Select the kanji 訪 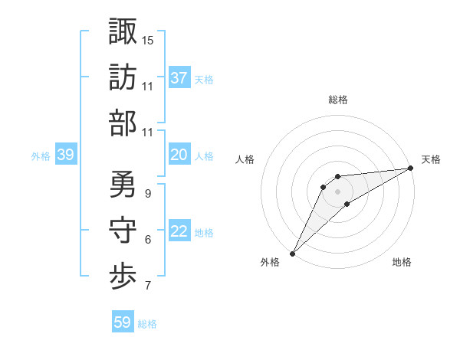(x=122, y=77)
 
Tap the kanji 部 (x=122, y=123)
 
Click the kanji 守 (x=122, y=231)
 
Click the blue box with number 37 (x=179, y=78)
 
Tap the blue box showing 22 (x=179, y=232)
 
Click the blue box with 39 (x=66, y=155)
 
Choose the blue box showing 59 (x=123, y=322)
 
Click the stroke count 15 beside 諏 (x=148, y=40)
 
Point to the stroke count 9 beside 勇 (x=147, y=194)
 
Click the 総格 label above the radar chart (x=338, y=100)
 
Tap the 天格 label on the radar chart (x=431, y=159)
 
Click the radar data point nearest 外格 (x=292, y=253)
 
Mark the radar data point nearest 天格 (x=412, y=169)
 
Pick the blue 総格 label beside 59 (x=147, y=323)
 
